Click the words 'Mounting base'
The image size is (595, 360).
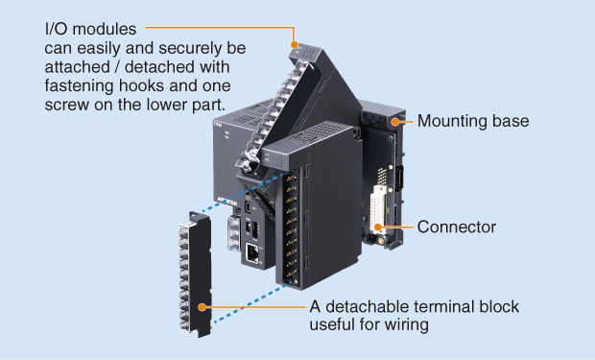[473, 122]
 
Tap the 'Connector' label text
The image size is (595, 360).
[456, 228]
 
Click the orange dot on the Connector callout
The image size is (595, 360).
[381, 228]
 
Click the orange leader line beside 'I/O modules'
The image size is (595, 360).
[211, 29]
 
